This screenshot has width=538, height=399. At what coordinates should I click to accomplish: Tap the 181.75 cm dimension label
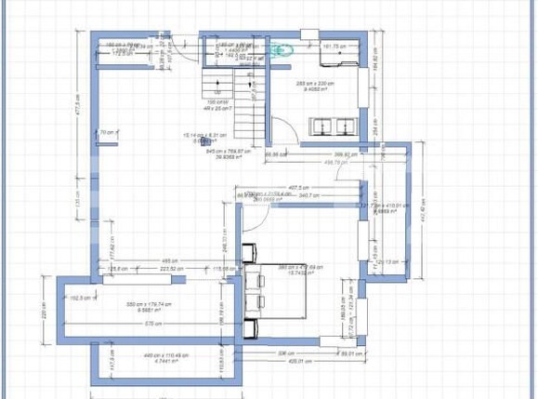[x=335, y=46]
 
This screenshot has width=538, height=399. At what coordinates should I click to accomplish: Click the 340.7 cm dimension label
[x=309, y=195]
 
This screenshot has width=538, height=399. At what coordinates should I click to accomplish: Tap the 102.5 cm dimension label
[x=84, y=298]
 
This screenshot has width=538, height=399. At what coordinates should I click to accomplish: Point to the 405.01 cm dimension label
[x=296, y=361]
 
